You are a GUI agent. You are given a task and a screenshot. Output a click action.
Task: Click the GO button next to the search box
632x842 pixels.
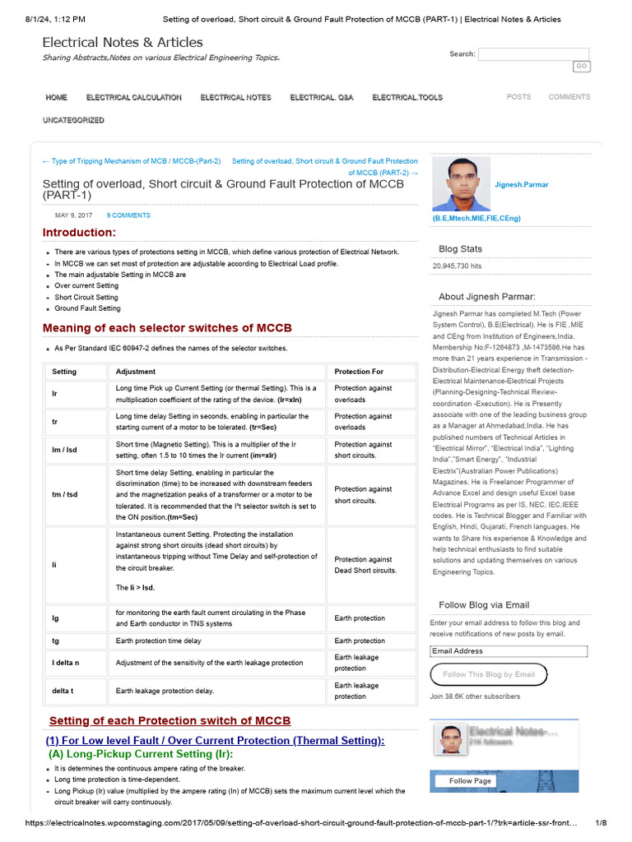pos(581,67)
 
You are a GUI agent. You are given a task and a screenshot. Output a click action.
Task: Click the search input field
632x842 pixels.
pos(534,54)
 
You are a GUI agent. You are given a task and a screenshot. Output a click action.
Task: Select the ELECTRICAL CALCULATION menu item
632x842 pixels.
pos(134,97)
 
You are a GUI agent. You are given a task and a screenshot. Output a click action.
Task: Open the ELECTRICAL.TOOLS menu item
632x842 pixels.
pos(407,97)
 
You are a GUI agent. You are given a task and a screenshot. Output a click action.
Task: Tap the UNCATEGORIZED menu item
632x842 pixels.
pos(74,120)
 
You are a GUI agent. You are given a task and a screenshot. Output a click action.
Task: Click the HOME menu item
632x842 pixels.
pos(57,97)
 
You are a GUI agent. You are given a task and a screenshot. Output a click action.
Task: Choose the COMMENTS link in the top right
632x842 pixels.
pos(569,97)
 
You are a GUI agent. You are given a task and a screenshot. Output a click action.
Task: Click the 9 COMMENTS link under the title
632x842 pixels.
pos(128,215)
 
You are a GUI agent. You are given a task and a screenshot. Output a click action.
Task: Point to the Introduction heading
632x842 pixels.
pos(79,233)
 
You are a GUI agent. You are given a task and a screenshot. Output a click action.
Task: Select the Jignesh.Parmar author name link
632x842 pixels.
pos(522,185)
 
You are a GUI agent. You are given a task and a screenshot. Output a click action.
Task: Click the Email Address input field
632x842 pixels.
pos(509,651)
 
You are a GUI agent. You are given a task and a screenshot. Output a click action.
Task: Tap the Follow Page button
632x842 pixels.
pos(471,780)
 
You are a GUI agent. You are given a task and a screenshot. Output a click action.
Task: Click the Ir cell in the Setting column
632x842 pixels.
pos(55,394)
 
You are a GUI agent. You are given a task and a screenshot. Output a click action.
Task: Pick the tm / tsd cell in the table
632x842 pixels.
pos(65,495)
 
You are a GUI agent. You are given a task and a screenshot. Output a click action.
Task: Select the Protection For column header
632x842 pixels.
pos(359,372)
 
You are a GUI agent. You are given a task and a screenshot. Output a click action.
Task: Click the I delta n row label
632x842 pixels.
pos(67,663)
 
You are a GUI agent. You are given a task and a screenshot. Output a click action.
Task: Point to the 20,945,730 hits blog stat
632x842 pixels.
pos(458,266)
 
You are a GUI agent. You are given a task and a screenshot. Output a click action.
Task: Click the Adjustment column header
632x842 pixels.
pos(135,372)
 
